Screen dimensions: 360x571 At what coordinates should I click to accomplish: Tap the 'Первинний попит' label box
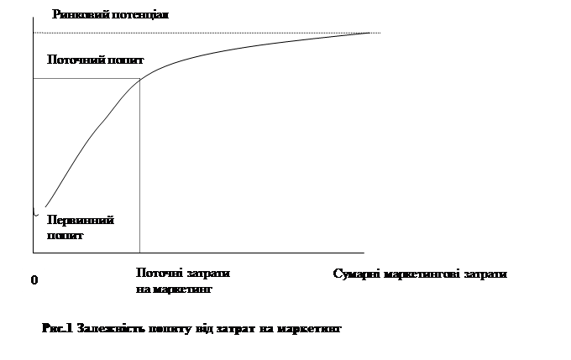point(81,227)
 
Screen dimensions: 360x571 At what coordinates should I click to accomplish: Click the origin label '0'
point(34,280)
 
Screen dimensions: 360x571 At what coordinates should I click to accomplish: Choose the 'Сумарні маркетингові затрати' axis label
point(420,275)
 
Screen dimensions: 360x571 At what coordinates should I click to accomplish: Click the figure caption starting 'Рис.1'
point(192,329)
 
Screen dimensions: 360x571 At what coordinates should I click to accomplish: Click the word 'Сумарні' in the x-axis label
point(357,275)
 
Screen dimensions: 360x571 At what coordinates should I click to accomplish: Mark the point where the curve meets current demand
point(139,78)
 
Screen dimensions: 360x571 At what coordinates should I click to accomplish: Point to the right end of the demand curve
point(375,32)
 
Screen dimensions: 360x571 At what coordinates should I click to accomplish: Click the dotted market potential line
point(252,33)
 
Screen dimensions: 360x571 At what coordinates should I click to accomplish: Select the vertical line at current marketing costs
point(139,168)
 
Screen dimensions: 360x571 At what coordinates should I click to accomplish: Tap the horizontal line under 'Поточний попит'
point(84,79)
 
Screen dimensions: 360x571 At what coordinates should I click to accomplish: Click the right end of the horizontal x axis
point(364,252)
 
